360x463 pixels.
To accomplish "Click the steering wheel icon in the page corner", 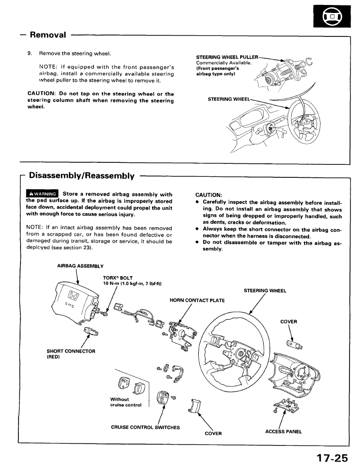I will click(332, 19).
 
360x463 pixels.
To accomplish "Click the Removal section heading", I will click(48, 35).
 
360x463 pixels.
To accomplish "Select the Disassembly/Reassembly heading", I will click(82, 176).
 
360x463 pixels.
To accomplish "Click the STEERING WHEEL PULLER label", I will click(227, 57).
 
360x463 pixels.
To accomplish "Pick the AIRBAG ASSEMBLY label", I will click(80, 266).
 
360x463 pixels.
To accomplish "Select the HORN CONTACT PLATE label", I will click(197, 300).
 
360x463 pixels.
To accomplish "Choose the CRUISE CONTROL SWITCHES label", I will click(145, 427).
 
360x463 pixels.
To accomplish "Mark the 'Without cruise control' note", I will click(125, 402).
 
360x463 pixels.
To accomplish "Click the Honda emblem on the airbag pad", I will click(73, 297).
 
